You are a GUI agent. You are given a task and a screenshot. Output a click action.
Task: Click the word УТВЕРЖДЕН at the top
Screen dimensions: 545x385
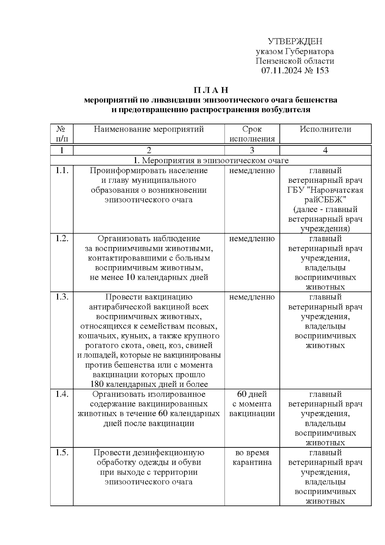295,41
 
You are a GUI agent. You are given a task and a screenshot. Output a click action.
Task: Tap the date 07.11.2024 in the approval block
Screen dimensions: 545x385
281,71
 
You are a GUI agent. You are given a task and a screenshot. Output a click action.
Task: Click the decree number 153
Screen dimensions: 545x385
322,71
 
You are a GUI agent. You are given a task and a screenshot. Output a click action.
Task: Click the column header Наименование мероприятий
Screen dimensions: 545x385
149,129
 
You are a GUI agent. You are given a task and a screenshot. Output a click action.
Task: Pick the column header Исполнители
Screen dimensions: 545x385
325,129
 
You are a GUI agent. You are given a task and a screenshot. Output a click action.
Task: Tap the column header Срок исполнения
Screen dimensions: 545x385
252,134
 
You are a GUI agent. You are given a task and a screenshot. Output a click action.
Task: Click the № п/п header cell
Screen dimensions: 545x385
62,134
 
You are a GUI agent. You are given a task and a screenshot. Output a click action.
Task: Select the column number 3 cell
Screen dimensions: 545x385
252,150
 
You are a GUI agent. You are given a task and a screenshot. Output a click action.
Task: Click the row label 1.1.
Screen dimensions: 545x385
62,171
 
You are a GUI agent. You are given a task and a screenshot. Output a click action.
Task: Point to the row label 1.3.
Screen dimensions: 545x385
62,297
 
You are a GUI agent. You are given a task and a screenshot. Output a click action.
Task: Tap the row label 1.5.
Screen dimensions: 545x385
62,453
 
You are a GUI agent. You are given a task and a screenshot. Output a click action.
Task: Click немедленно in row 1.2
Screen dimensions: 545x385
252,239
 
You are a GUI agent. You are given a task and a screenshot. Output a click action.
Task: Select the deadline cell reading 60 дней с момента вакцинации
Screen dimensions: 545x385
252,404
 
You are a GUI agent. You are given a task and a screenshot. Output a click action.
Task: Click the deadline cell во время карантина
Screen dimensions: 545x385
252,457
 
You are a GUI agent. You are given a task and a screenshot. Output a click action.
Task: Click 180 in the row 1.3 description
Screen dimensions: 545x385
96,384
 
